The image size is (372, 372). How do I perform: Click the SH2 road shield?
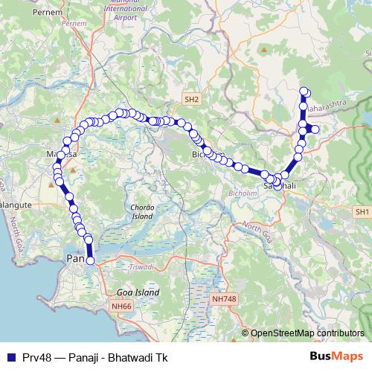(x=192, y=98)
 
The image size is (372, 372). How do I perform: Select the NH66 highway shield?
(x=120, y=306)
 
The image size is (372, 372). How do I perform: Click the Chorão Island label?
(x=141, y=212)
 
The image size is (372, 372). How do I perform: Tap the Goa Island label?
(x=138, y=293)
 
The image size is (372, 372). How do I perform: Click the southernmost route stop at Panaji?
(x=91, y=260)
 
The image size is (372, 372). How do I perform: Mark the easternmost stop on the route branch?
(x=315, y=129)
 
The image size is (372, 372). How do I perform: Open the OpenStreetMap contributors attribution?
(x=307, y=333)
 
